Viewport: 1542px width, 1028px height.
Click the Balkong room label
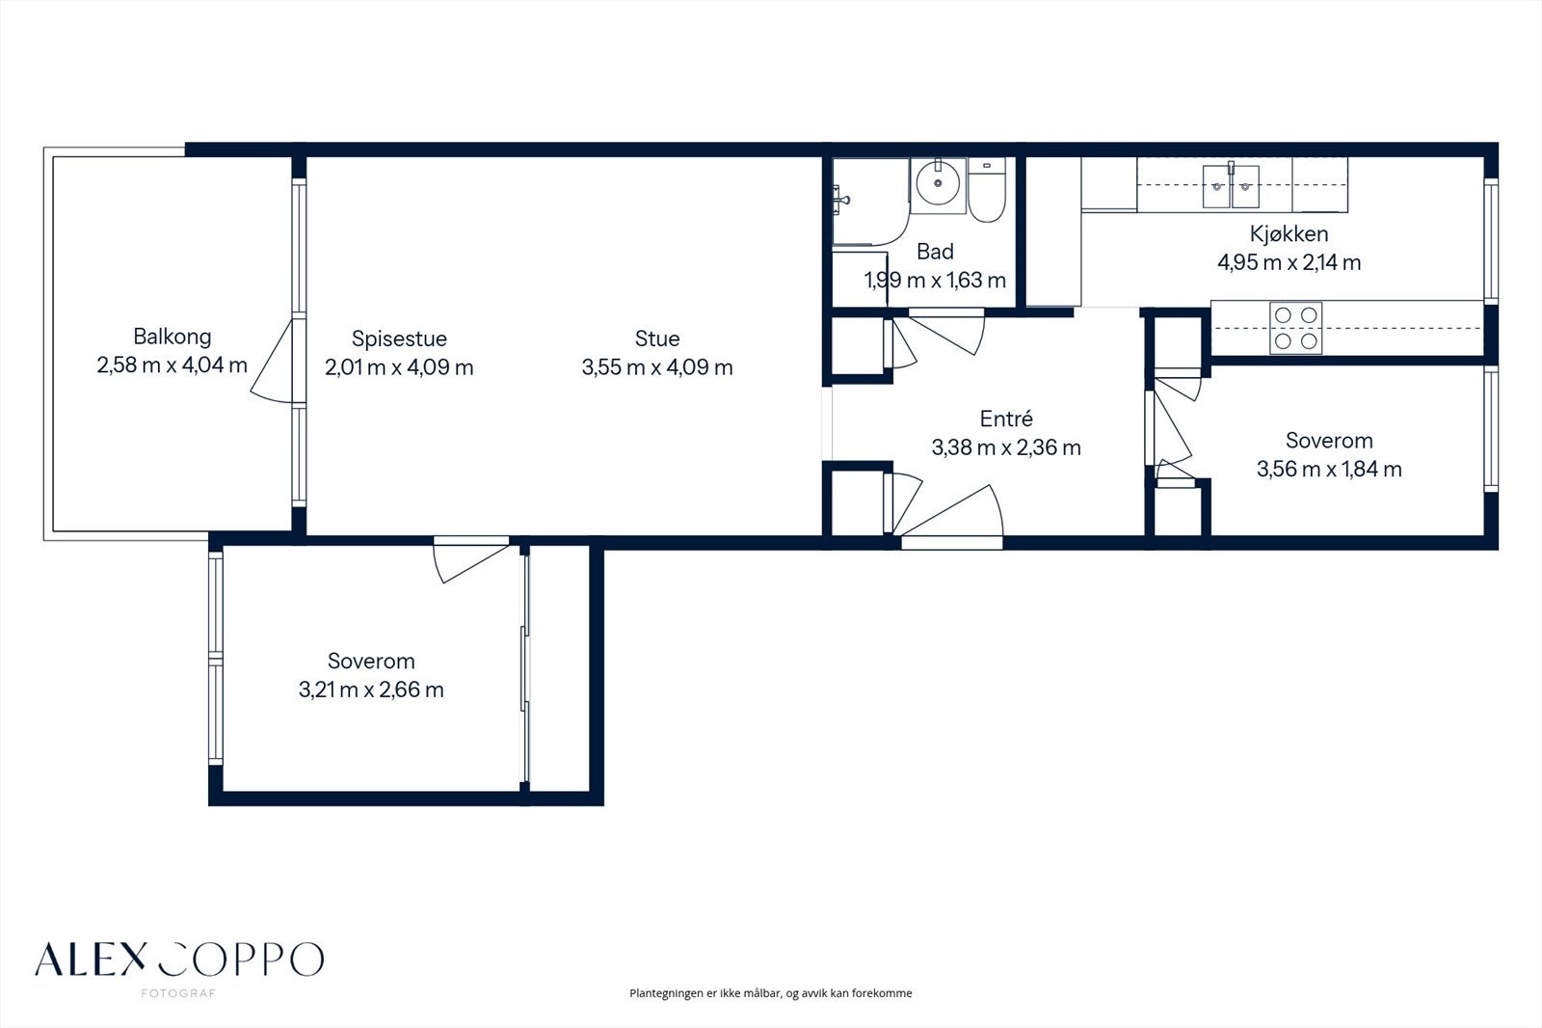[173, 337]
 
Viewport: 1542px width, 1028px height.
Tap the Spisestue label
[399, 338]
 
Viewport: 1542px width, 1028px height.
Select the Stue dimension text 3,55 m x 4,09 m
[657, 366]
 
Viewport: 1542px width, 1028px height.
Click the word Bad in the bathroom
[935, 252]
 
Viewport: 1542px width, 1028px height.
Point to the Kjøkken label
[1289, 234]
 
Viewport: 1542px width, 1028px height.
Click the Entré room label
[1006, 419]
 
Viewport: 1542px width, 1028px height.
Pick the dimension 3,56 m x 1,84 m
[1329, 470]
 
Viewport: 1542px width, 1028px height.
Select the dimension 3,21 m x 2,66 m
[371, 690]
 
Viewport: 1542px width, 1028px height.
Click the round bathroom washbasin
[938, 183]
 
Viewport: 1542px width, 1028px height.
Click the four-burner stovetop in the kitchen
[1295, 328]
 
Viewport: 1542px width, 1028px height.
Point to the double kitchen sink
[1231, 186]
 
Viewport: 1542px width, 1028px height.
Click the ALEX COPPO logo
[179, 960]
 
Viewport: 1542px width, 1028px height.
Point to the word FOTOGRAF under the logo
[178, 993]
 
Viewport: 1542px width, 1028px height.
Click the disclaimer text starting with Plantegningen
[770, 993]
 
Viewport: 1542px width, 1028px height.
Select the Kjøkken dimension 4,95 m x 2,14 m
[1289, 262]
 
